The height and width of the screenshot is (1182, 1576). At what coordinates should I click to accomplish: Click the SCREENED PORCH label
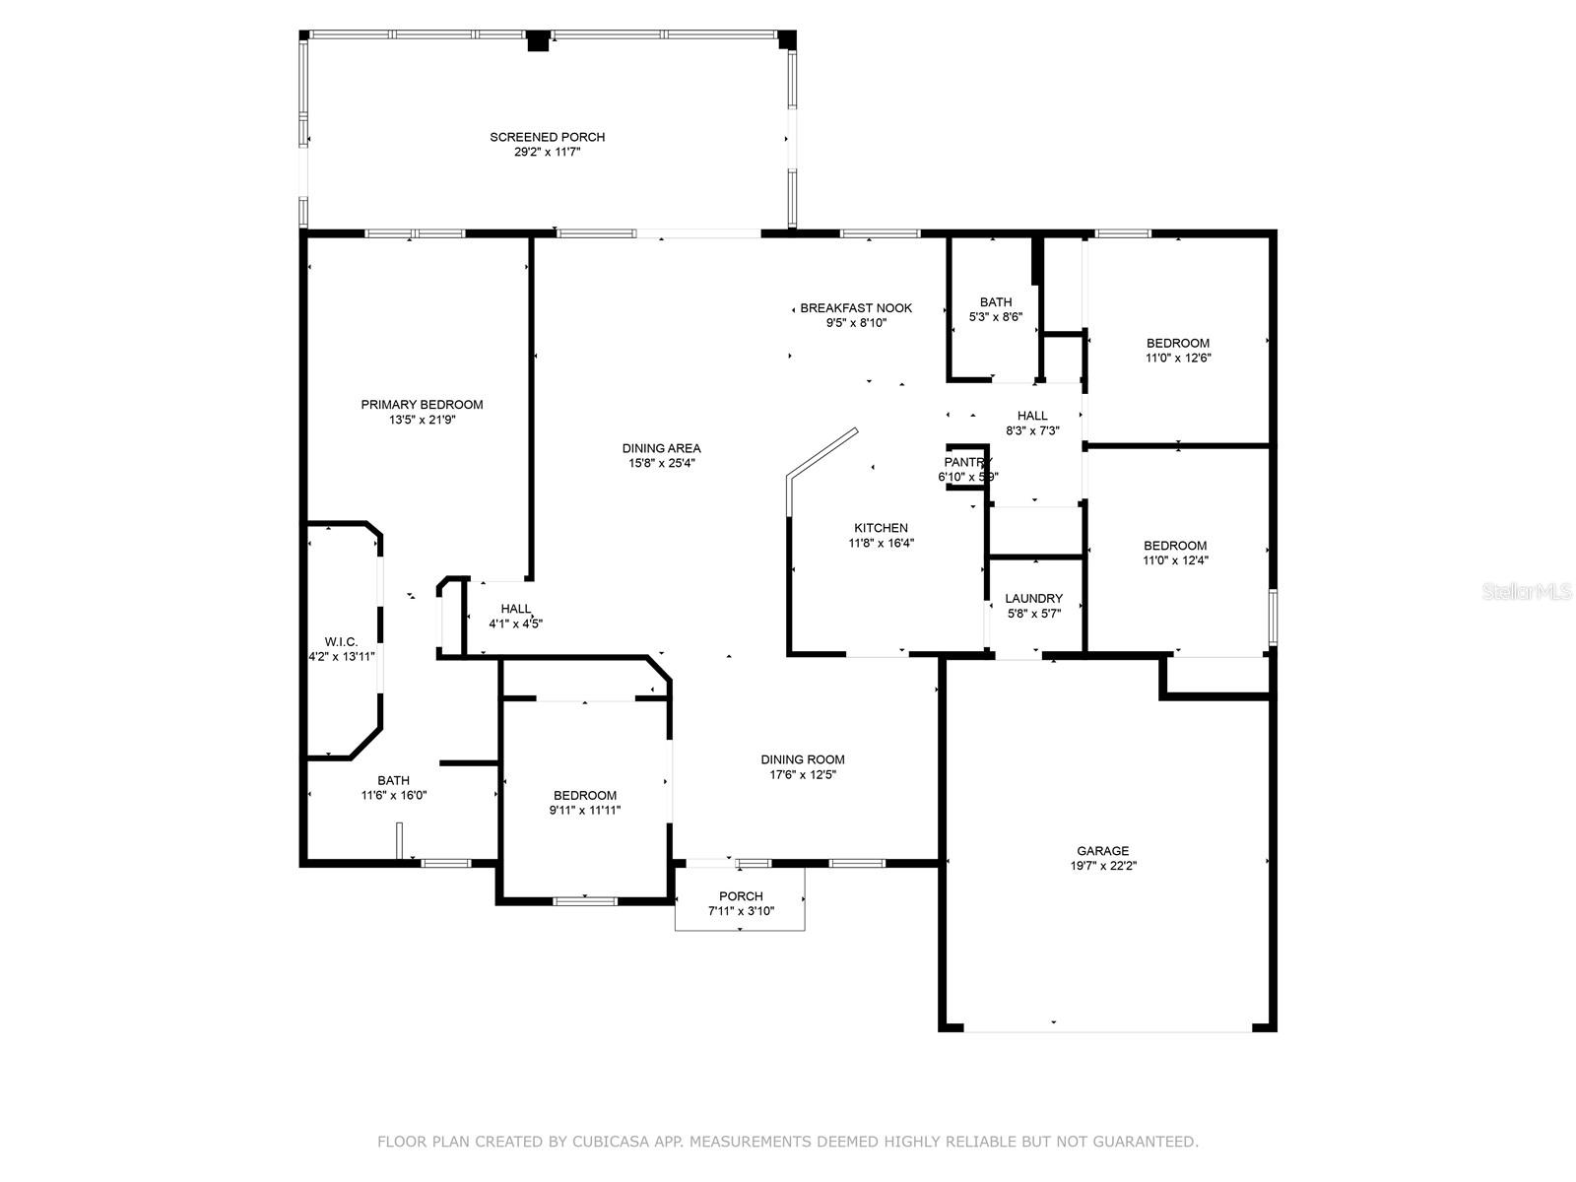[x=547, y=137]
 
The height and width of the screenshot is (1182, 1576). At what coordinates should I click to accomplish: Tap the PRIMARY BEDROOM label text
[x=422, y=405]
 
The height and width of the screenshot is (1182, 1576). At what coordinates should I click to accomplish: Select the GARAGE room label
[x=1103, y=850]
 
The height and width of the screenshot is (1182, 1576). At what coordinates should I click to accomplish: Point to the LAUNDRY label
[x=1034, y=598]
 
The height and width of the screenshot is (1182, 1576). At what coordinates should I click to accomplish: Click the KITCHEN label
[x=881, y=528]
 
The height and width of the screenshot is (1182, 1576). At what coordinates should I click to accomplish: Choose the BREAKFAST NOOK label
[x=856, y=308]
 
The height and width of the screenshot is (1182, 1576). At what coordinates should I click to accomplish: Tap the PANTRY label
[x=968, y=462]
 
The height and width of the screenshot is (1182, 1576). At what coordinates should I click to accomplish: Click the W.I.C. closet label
[x=341, y=641]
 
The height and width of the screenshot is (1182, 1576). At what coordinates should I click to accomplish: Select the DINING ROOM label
[x=803, y=759]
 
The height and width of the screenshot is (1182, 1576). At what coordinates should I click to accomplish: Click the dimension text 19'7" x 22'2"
[x=1103, y=866]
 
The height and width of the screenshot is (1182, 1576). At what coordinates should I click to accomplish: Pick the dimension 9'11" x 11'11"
[x=584, y=811]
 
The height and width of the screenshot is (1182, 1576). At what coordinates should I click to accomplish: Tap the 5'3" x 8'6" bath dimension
[x=996, y=317]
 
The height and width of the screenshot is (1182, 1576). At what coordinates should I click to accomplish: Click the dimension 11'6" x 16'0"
[x=393, y=795]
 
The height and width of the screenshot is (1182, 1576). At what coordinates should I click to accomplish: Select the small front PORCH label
[x=741, y=896]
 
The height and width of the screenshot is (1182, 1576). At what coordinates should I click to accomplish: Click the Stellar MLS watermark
[x=1527, y=592]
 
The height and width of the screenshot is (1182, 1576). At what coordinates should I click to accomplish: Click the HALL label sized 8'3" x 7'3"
[x=1032, y=416]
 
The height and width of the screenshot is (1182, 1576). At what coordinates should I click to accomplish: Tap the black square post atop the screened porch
[x=538, y=41]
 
